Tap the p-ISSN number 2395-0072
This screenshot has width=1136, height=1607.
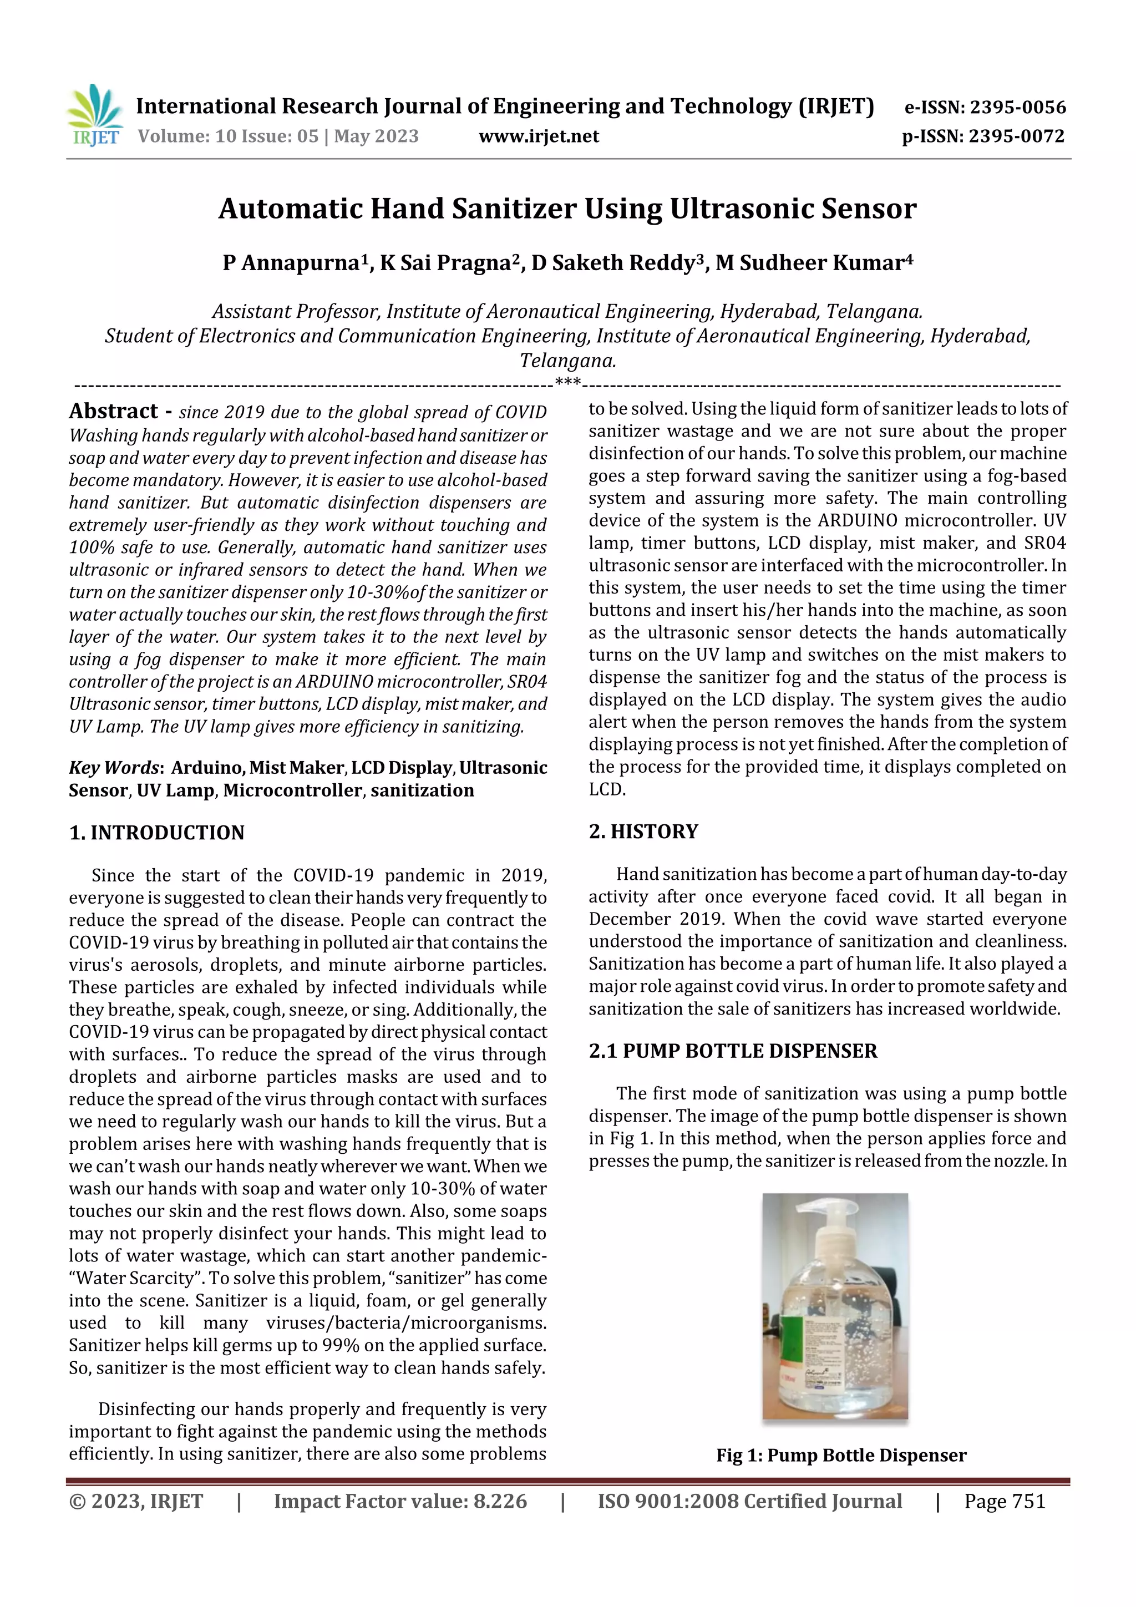[1016, 136]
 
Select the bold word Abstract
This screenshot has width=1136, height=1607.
[113, 411]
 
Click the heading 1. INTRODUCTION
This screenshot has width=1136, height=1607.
[157, 833]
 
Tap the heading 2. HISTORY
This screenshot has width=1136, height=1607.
[643, 832]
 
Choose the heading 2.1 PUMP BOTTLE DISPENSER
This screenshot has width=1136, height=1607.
[732, 1051]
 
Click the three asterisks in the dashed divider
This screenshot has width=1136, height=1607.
[567, 383]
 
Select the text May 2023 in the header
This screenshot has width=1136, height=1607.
[376, 136]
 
